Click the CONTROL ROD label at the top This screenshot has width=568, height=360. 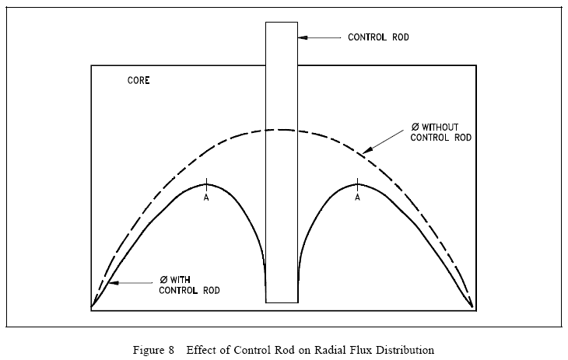coord(377,37)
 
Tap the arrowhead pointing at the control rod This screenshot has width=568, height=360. coord(303,37)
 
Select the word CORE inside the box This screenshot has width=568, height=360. coord(138,81)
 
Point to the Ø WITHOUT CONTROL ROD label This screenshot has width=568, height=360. coord(441,131)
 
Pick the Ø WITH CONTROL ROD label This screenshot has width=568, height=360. coord(188,285)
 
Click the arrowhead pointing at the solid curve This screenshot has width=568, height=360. coord(110,285)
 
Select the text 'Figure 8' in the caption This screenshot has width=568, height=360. coord(157,349)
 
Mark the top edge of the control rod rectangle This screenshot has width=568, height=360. coord(281,22)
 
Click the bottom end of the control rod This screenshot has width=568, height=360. coord(281,302)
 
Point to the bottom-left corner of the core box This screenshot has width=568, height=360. coord(91,311)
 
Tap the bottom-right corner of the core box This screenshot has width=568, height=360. coord(476,311)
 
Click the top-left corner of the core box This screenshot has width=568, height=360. coord(91,65)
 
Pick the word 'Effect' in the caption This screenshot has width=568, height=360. coord(199,349)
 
